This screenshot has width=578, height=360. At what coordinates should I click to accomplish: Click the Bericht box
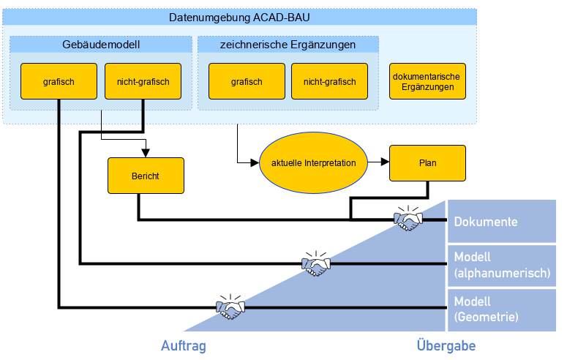(x=145, y=176)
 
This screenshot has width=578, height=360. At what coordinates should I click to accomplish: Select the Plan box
(x=427, y=162)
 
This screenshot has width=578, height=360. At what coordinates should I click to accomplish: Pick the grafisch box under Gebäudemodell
(x=59, y=81)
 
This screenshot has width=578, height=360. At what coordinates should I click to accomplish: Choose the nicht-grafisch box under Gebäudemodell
(x=143, y=81)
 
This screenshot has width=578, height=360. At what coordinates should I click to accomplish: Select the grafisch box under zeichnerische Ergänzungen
(x=247, y=81)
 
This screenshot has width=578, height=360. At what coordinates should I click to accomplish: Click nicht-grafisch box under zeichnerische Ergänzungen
(x=324, y=81)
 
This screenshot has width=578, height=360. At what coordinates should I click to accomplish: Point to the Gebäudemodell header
(x=101, y=45)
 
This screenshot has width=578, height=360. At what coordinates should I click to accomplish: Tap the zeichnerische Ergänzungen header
(x=288, y=45)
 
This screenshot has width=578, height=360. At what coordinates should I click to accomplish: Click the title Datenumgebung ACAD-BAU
(x=240, y=18)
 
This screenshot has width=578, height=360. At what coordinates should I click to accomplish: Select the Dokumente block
(x=502, y=222)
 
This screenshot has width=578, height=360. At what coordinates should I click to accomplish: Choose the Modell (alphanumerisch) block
(x=502, y=266)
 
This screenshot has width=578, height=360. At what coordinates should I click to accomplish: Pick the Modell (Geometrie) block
(x=502, y=310)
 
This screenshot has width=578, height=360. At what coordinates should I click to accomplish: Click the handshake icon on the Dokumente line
(x=408, y=220)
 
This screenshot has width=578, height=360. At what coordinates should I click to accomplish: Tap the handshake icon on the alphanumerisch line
(x=316, y=264)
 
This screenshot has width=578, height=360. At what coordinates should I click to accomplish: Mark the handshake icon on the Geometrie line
(x=230, y=307)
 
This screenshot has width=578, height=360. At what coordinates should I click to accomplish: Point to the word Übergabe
(x=446, y=345)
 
